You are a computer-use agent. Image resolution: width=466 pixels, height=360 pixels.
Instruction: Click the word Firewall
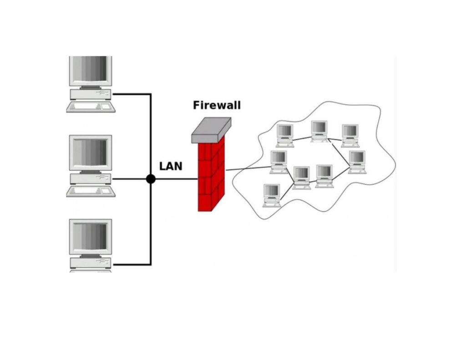click(217, 105)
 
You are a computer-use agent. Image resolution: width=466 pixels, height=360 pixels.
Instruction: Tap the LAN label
click(171, 166)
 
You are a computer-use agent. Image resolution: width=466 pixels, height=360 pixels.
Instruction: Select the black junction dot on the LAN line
click(151, 179)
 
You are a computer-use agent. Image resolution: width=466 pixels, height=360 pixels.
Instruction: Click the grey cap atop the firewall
click(211, 130)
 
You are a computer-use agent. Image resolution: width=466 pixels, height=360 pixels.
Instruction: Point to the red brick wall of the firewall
click(211, 175)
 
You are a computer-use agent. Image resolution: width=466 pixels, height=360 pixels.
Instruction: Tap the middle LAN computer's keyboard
click(91, 191)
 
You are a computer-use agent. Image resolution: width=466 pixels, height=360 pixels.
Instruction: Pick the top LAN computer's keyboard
click(91, 106)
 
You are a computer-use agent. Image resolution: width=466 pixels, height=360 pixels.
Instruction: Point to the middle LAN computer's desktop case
click(91, 179)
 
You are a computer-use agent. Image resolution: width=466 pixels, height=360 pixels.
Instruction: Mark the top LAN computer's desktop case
click(91, 94)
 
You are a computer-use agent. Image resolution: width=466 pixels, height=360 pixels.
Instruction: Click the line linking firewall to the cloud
click(248, 168)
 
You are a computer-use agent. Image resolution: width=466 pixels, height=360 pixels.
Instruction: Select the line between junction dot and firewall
click(177, 179)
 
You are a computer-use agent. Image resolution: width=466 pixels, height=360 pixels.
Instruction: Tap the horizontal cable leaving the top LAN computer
click(132, 94)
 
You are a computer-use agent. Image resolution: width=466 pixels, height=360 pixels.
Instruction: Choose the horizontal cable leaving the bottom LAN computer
click(132, 264)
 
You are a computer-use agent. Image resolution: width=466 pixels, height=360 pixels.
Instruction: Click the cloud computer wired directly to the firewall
click(279, 162)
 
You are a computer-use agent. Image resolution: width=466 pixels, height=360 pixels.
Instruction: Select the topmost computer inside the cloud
click(319, 132)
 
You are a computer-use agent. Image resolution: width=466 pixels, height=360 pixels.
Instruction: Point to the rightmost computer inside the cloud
click(357, 162)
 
